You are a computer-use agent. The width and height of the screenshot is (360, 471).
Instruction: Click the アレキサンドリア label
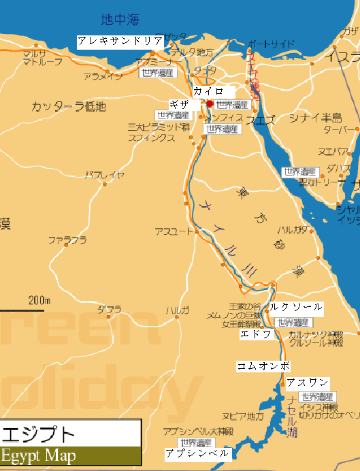tap(120, 41)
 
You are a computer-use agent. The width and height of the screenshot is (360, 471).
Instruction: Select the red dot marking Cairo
tap(210, 103)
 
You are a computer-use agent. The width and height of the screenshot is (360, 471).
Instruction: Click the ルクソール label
tap(295, 308)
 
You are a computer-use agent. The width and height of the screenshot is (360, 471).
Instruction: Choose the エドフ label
tap(257, 335)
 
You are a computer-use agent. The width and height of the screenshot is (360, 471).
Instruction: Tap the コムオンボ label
tap(263, 366)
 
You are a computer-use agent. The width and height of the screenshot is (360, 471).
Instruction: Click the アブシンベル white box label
tap(197, 453)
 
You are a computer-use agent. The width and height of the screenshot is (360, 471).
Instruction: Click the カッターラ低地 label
tap(69, 106)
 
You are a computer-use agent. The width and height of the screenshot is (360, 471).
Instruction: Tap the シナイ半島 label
tap(315, 118)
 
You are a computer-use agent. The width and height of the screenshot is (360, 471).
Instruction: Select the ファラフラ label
tap(67, 240)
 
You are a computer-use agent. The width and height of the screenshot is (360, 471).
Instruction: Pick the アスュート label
tap(174, 231)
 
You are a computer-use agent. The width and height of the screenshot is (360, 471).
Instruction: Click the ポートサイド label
tap(271, 44)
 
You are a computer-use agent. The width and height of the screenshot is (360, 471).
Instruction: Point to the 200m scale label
tap(39, 299)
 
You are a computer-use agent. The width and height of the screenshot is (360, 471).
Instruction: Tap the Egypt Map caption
tap(38, 455)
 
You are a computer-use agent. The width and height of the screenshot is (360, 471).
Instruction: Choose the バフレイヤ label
tap(104, 175)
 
